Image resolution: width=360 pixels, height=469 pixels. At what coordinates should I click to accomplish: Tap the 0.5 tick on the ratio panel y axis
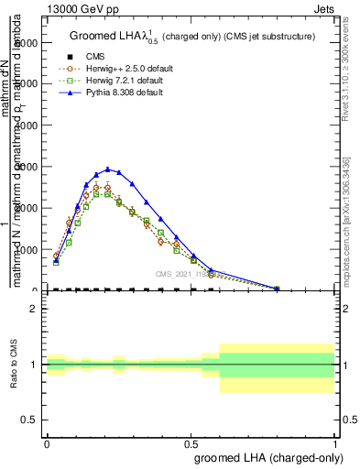click(x=29, y=420)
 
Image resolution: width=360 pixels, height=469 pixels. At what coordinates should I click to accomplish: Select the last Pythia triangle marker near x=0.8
click(x=277, y=289)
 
